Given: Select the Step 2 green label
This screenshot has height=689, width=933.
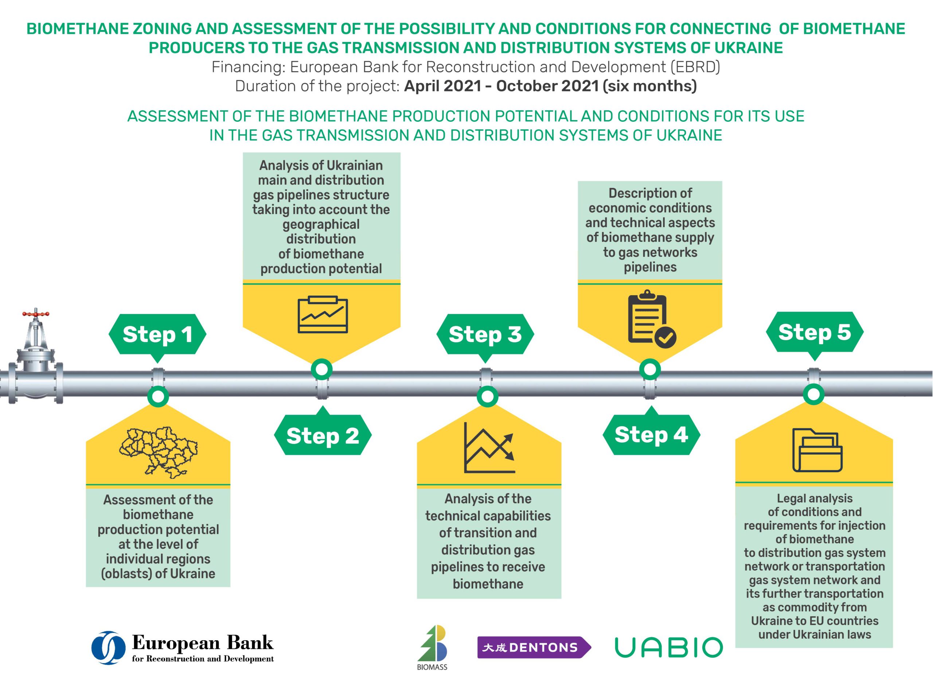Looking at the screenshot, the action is pyautogui.click(x=323, y=435).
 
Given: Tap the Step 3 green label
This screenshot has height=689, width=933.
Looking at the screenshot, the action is pyautogui.click(x=485, y=335).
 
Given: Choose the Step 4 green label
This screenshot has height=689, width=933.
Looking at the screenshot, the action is pyautogui.click(x=651, y=434).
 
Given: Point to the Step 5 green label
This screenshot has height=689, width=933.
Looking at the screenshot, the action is pyautogui.click(x=815, y=333).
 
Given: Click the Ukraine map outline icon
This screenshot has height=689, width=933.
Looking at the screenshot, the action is pyautogui.click(x=159, y=452).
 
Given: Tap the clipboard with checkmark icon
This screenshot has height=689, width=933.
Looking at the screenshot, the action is pyautogui.click(x=652, y=319).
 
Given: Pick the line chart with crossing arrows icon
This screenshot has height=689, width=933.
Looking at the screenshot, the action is pyautogui.click(x=489, y=447).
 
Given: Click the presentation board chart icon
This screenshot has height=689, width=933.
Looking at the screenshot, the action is pyautogui.click(x=323, y=314).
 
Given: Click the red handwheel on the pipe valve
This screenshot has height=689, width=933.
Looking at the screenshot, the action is pyautogui.click(x=36, y=313).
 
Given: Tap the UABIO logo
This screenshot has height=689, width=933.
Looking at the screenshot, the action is pyautogui.click(x=668, y=648).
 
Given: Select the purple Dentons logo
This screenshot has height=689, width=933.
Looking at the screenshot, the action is pyautogui.click(x=534, y=648).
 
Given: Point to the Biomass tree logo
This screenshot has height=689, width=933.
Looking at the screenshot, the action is pyautogui.click(x=433, y=647).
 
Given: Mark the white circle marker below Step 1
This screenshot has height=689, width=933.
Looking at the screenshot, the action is pyautogui.click(x=158, y=396).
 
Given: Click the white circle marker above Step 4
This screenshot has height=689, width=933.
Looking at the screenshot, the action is pyautogui.click(x=650, y=369).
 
